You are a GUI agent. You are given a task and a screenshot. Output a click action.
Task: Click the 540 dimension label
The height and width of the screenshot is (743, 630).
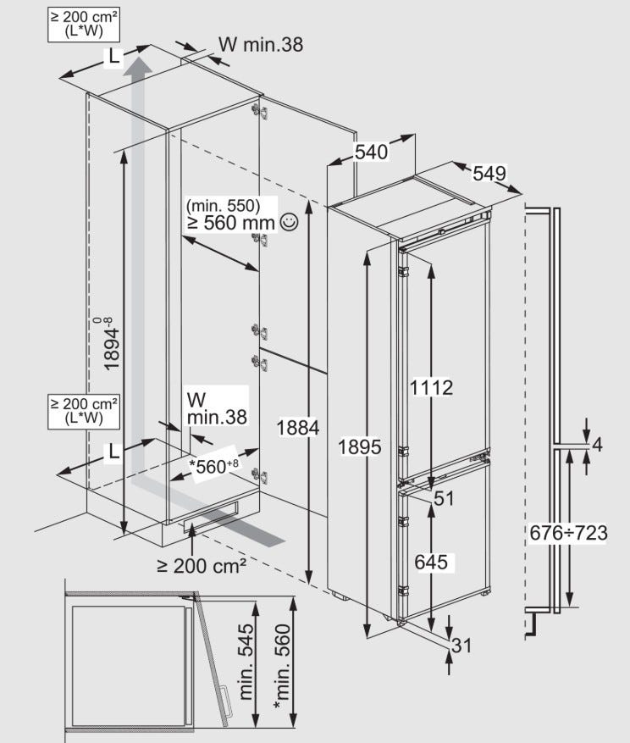(372, 152)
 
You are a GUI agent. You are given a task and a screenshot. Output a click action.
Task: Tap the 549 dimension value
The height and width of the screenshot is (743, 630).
(489, 173)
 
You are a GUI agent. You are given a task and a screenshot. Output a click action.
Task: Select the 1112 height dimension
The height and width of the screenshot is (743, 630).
(431, 388)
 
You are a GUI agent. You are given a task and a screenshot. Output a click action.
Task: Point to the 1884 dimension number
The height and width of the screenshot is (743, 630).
(298, 428)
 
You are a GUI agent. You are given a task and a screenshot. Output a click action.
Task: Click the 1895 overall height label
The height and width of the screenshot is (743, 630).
(360, 446)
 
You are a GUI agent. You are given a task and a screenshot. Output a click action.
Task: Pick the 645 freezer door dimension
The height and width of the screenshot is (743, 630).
(431, 562)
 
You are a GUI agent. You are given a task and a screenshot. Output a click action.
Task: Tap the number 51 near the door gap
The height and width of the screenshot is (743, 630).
(444, 498)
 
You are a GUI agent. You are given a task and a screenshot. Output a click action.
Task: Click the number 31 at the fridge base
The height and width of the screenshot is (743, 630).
(461, 646)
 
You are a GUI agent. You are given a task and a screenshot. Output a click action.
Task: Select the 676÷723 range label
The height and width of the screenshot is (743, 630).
(568, 533)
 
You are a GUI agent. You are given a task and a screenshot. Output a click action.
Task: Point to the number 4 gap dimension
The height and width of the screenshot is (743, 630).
(597, 445)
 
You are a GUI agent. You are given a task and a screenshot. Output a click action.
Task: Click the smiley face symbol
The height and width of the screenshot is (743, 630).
(289, 222)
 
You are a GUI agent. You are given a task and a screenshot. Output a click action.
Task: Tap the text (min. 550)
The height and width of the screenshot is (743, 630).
(223, 206)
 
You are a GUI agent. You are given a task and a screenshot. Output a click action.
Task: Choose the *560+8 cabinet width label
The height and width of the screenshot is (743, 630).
(213, 467)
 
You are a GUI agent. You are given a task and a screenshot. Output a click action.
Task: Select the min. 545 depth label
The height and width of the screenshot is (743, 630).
(246, 662)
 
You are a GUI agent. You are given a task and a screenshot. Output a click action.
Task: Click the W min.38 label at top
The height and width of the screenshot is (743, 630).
(261, 44)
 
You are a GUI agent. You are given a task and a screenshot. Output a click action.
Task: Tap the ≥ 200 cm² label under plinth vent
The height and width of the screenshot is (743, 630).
(202, 565)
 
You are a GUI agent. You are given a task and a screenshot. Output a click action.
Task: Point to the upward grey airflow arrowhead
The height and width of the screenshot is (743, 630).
(138, 65)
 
